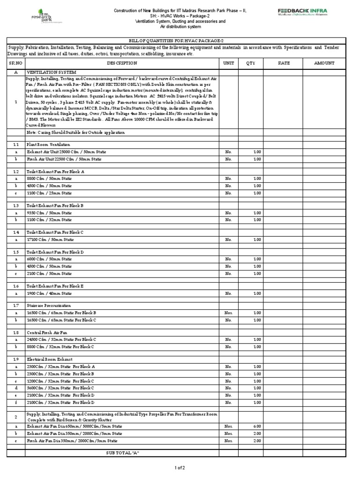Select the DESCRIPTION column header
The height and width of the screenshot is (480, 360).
[x=122, y=63]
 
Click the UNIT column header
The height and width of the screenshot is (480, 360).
[x=228, y=63]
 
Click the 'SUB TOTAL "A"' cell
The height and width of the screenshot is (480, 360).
[x=123, y=452]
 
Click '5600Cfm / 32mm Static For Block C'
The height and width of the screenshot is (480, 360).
[x=60, y=388]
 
